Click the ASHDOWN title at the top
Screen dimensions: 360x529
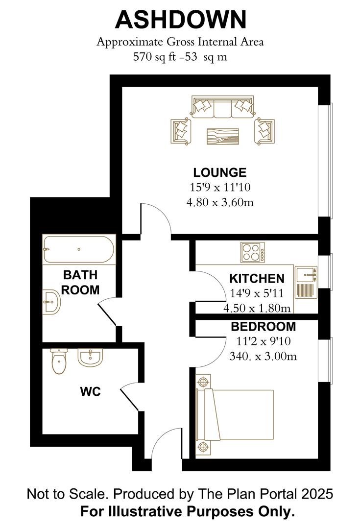181,20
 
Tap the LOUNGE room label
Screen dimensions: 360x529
219,172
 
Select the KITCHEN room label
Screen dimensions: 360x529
257,279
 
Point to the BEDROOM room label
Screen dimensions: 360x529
263,327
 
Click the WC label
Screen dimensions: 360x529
91,392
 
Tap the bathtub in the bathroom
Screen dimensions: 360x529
79,249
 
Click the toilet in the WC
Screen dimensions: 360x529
59,361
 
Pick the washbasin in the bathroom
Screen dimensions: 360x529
51,302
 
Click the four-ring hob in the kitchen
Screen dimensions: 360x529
252,252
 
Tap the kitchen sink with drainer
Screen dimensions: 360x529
306,282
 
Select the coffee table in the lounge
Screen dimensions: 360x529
223,136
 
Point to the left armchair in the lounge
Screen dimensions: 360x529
180,131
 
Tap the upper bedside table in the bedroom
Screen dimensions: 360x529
203,382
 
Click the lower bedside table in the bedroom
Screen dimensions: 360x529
203,447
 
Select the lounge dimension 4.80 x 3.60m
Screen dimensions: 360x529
220,202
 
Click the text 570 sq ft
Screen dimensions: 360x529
154,57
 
